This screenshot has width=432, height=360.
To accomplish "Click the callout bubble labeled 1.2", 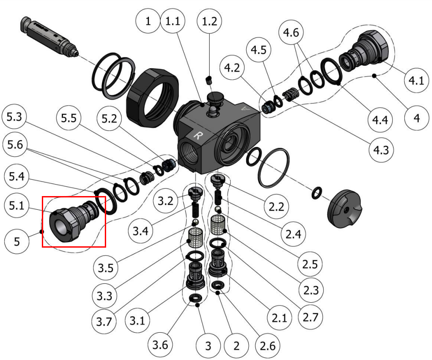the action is click(x=209, y=21).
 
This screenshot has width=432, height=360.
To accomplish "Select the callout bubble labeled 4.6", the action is click(x=291, y=33).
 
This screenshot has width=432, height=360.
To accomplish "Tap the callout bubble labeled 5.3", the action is click(x=14, y=117).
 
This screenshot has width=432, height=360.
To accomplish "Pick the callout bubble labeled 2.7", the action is click(x=310, y=317).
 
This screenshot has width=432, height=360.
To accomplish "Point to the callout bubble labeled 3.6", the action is click(x=160, y=345).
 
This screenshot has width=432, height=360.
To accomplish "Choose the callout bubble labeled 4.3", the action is click(x=381, y=150).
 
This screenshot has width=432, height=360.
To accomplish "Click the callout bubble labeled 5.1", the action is click(x=17, y=206).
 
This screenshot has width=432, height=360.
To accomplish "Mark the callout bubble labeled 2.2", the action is click(x=277, y=207).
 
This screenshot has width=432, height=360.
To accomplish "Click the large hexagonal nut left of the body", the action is click(x=152, y=97).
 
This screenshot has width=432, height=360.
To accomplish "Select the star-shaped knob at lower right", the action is click(x=344, y=208).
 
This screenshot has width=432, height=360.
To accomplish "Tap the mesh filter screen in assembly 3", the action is click(x=196, y=238).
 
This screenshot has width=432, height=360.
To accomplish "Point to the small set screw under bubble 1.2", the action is click(x=209, y=80).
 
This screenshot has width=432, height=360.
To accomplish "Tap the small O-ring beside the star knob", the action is click(x=317, y=193).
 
